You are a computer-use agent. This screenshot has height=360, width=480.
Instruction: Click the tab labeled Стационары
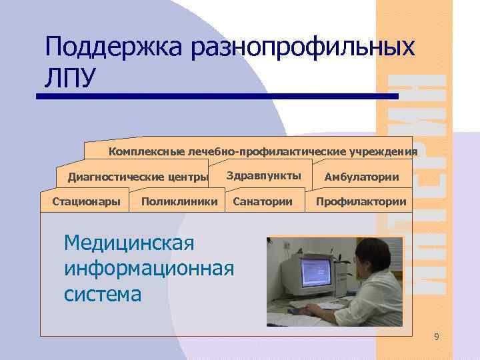pyautogui.click(x=81, y=201)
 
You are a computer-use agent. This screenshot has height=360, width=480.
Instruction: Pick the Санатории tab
pyautogui.click(x=263, y=201)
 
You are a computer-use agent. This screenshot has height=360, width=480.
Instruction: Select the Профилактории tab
pyautogui.click(x=361, y=201)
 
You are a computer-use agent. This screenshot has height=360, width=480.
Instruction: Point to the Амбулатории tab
pyautogui.click(x=362, y=177)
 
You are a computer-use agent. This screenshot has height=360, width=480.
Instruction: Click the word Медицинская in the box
pyautogui.click(x=129, y=243)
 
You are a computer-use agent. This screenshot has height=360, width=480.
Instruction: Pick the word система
pyautogui.click(x=103, y=293)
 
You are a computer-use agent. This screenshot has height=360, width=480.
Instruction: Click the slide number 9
pyautogui.click(x=436, y=337)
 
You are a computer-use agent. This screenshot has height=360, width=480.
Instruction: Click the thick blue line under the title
pyautogui.click(x=217, y=97)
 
